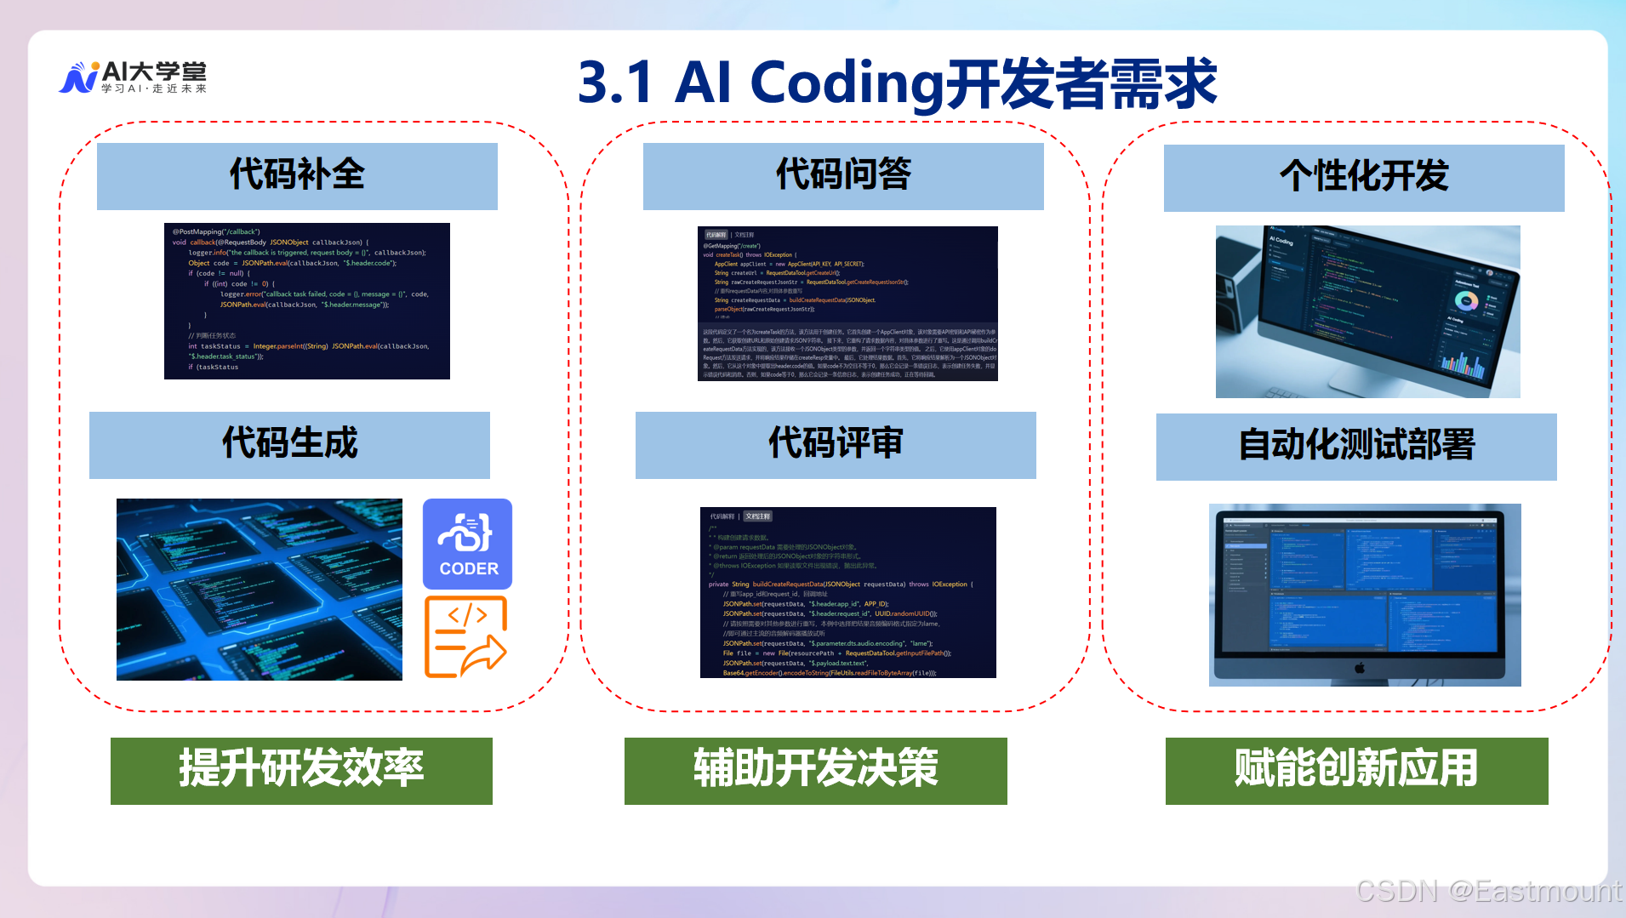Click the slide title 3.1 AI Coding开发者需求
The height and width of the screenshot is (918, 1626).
(897, 83)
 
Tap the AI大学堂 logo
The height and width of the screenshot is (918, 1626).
(134, 77)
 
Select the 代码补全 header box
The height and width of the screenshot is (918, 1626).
(297, 176)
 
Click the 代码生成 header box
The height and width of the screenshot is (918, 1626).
(289, 445)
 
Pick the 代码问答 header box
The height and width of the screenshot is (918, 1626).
(843, 176)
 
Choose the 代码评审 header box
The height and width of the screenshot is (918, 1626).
(836, 445)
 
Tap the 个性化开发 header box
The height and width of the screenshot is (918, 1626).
(1364, 178)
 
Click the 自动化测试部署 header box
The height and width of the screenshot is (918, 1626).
(1356, 447)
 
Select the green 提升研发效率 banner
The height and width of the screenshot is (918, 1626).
(301, 770)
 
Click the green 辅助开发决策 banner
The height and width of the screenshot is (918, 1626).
(815, 770)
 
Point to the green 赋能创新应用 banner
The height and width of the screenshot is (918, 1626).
(1356, 770)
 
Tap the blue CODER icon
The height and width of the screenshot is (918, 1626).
(467, 544)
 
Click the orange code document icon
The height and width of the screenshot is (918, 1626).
(465, 637)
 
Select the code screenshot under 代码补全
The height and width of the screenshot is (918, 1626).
(306, 300)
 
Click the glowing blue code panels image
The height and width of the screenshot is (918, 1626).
(259, 589)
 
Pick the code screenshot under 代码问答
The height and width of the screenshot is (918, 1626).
(847, 303)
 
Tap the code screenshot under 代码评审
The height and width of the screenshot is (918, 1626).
(847, 592)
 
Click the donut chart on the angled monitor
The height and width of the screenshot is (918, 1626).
(1465, 301)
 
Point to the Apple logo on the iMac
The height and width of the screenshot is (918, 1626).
(1360, 668)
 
